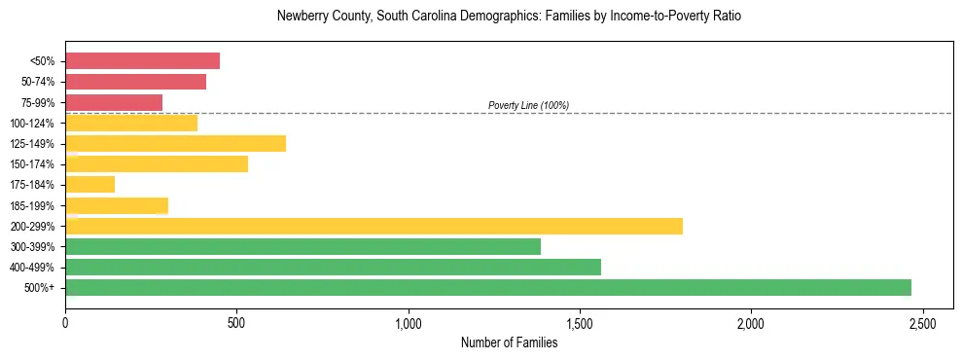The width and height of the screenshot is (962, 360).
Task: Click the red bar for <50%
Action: pos(142,61)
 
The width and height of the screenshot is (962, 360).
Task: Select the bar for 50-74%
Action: pos(135,82)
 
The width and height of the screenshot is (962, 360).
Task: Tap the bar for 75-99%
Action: pos(114,102)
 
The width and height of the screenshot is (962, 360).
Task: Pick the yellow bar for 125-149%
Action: pos(175,144)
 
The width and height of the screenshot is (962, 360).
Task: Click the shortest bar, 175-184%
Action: pos(89,185)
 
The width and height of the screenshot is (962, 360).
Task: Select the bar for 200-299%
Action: pos(374,226)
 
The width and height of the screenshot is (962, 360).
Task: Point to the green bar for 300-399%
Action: pos(303,247)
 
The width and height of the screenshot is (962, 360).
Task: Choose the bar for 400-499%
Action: pos(333,268)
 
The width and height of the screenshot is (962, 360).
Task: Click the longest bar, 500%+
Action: pos(487,288)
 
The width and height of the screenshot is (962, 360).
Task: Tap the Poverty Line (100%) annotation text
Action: pos(528,105)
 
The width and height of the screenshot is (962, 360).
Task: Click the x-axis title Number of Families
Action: pos(509,342)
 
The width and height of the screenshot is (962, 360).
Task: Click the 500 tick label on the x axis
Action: pos(236,322)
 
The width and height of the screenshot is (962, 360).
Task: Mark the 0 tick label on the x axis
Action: pos(65,322)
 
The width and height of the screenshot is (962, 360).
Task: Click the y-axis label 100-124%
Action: pos(32,124)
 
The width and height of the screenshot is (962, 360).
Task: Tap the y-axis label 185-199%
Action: pos(32,206)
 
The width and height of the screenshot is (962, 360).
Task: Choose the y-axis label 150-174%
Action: pos(32,164)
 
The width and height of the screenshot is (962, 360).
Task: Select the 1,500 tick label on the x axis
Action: pos(580,322)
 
